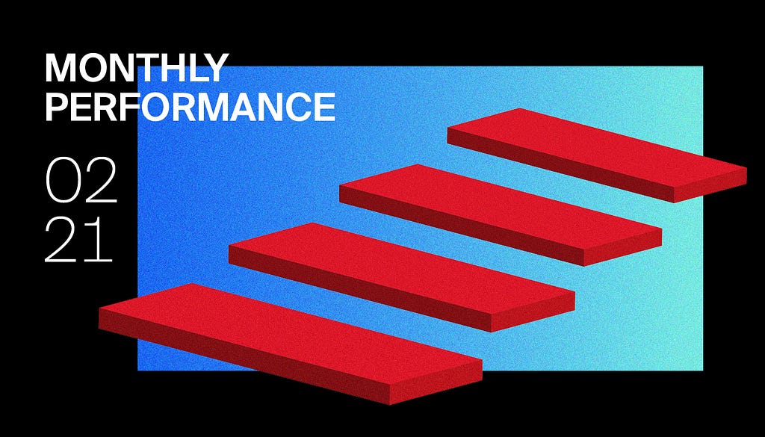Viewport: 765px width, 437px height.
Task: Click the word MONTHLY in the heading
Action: coord(137,68)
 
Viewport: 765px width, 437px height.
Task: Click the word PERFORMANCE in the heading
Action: coord(191,107)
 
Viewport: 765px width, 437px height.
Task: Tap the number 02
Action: coord(81,180)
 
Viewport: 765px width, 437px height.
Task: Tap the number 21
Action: coord(78,240)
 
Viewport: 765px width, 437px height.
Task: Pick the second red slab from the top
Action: coord(501,214)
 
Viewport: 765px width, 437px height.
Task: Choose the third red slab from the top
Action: coord(401,277)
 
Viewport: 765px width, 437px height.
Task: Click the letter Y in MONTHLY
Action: coord(215,68)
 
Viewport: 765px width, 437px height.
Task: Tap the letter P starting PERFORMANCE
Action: coord(55,107)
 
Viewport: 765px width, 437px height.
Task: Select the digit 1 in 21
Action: coord(102,240)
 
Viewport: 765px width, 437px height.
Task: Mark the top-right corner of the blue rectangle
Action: coord(703,66)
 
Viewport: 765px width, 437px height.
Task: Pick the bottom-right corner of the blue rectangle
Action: coord(703,371)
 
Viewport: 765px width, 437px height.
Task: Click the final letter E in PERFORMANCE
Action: coord(326,107)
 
